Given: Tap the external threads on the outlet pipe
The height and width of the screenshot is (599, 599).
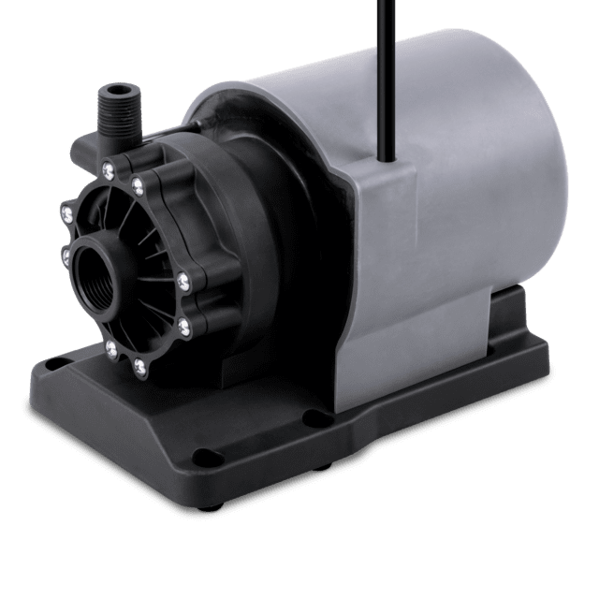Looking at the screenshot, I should pyautogui.click(x=118, y=114).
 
